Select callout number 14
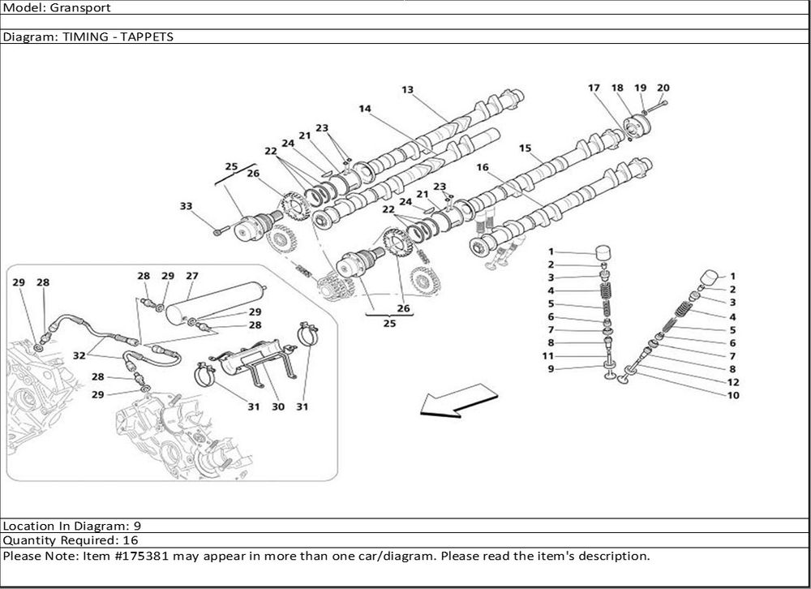click(x=365, y=108)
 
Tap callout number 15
click(x=526, y=148)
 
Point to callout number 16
click(x=483, y=168)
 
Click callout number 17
click(x=594, y=88)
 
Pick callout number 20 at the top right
click(x=663, y=88)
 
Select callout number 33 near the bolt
click(x=186, y=207)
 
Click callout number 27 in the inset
click(x=192, y=276)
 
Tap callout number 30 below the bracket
click(x=277, y=406)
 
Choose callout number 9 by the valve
click(x=551, y=369)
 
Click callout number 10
click(x=732, y=395)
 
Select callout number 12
click(x=732, y=382)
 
